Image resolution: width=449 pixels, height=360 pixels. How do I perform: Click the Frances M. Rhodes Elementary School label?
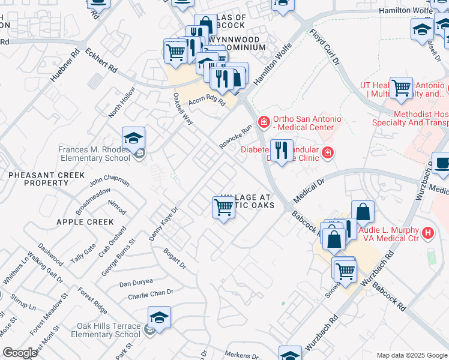point(94,154)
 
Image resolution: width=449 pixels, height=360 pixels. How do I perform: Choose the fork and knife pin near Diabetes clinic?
point(281,151)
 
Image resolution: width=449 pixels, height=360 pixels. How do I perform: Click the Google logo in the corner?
point(20,352)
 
